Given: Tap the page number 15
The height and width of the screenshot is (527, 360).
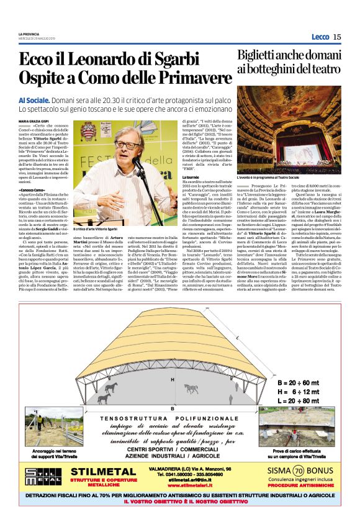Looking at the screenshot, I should tap(336, 37).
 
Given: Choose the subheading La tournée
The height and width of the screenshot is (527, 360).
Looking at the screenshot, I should tap(173, 177).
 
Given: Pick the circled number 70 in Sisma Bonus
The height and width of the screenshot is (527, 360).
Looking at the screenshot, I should tap(299, 471).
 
